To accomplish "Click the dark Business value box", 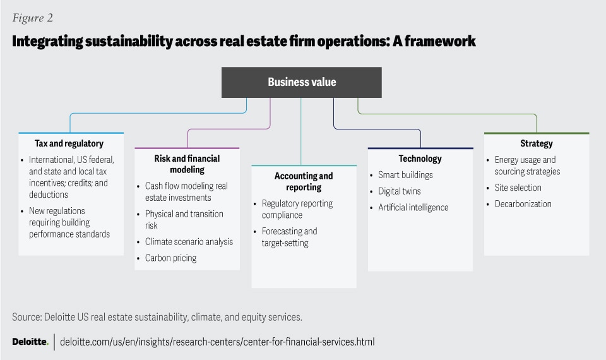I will pos(301,82).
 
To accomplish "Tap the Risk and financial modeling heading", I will pos(187,164).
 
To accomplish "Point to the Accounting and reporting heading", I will pos(303,181).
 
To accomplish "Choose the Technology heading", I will pos(420,159).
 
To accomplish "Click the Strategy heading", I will pos(536,144).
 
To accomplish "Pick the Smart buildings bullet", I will pos(405,175).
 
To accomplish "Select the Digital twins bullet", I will pos(399,191).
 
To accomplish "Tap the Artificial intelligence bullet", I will pos(413,208).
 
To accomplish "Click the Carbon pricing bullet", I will pos(170,258).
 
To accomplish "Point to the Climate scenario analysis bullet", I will pos(189,242).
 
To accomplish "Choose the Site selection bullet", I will pos(518,188).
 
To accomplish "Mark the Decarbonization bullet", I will pos(523,204).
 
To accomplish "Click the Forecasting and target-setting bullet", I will pos(289,237).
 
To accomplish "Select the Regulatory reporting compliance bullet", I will pos(297,209).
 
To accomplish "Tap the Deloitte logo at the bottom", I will pos(30,342).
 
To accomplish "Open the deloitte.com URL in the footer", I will pos(217,342).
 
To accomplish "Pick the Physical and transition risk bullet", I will pos(184,220).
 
